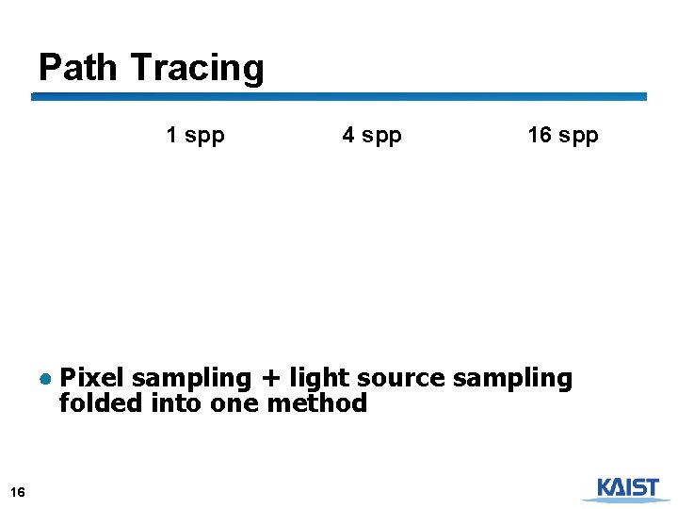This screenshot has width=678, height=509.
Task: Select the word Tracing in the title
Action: click(x=198, y=69)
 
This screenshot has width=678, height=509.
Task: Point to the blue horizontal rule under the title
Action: click(x=339, y=96)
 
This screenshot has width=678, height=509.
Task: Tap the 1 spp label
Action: click(x=195, y=136)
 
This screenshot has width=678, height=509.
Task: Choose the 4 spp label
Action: click(x=372, y=136)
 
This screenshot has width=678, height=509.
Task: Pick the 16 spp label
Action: click(x=562, y=136)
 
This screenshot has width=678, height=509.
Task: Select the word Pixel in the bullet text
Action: click(x=92, y=378)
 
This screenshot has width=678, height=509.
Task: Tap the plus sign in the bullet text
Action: click(x=270, y=379)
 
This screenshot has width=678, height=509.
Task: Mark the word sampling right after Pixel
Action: click(x=192, y=379)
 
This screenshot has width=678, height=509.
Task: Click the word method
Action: click(x=317, y=403)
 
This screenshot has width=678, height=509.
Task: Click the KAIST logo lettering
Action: click(x=627, y=486)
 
